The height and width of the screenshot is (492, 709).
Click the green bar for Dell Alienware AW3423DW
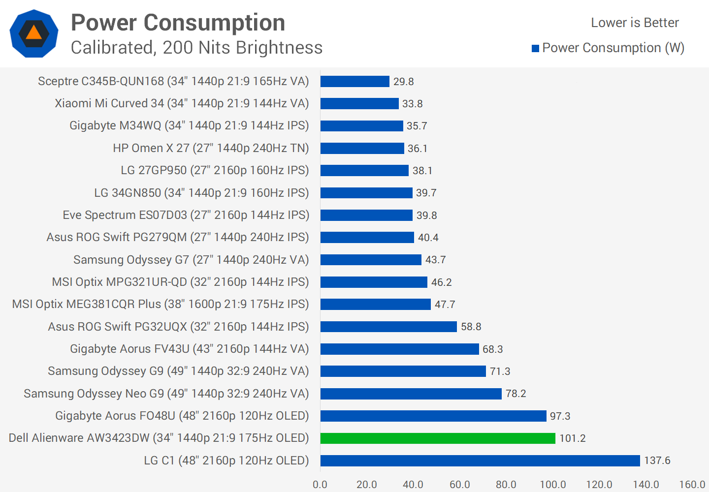438,438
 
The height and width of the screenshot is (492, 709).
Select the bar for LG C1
480,461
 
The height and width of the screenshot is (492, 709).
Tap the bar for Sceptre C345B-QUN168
354,81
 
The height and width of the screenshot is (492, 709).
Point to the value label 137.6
657,461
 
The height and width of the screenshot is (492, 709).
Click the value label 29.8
403,82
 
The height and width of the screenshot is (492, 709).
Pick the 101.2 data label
572,438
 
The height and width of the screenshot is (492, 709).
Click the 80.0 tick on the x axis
506,485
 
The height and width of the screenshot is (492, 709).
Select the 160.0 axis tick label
692,485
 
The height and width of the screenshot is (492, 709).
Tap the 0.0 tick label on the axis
320,485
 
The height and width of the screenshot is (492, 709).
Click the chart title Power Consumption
178,23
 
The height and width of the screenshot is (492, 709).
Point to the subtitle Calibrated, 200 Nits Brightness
196,48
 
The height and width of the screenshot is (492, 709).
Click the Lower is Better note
635,23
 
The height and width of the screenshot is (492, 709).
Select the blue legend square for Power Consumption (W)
536,48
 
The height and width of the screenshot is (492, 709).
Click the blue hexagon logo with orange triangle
34,33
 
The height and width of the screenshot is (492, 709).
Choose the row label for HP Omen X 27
211,148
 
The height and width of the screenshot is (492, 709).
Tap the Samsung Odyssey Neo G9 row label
166,394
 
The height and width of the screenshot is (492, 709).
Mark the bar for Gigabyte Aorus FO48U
433,416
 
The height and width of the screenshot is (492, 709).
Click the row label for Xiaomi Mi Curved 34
182,103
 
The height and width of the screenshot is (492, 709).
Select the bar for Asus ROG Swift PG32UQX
388,327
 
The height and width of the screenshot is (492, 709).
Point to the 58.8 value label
471,327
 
